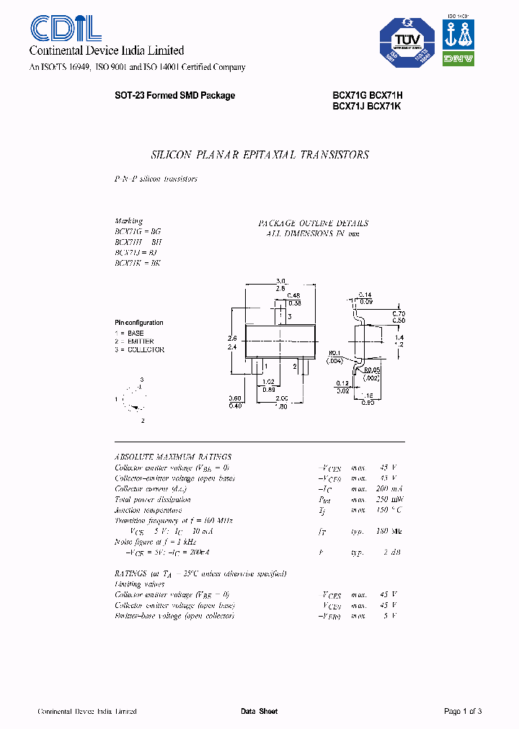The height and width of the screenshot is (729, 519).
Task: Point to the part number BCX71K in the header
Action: click(x=384, y=106)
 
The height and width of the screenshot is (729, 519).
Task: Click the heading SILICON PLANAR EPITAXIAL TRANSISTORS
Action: click(x=259, y=155)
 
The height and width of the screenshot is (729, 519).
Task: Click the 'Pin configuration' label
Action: click(x=139, y=323)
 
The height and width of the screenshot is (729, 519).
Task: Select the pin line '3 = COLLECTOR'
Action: click(x=140, y=349)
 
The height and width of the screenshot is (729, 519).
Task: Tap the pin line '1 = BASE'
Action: click(x=130, y=334)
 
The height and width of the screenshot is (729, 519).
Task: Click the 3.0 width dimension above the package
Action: click(x=281, y=281)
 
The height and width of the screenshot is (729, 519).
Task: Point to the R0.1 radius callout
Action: click(x=334, y=353)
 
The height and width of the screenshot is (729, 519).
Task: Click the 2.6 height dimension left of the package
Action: click(x=232, y=337)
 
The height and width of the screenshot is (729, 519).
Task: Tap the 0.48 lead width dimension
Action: click(x=293, y=295)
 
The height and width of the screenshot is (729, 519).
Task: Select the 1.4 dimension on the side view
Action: click(x=398, y=336)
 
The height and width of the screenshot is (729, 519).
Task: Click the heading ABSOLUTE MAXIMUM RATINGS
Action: click(x=173, y=457)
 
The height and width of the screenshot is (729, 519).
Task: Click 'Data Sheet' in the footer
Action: click(x=259, y=711)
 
